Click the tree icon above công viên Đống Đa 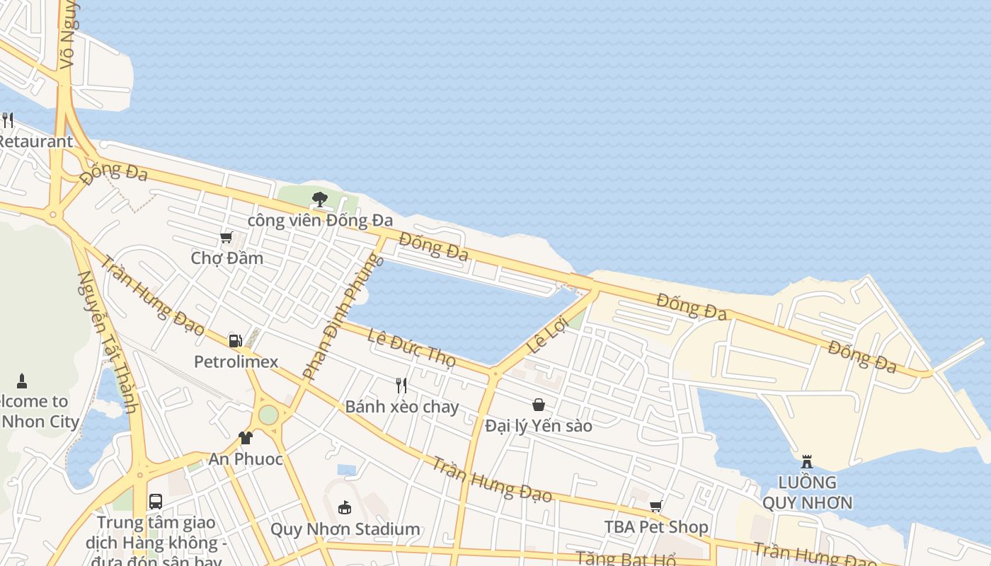[320, 199]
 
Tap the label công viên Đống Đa [320, 221]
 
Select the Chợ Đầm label [227, 258]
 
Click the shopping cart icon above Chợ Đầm [227, 237]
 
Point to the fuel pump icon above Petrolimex [236, 341]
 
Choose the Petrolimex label [236, 362]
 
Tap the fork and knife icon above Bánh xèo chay [401, 386]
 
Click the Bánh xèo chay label [401, 407]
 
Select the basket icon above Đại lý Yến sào [539, 405]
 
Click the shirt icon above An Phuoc [246, 438]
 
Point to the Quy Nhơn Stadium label [345, 529]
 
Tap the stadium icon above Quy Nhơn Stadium [345, 507]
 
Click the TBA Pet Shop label [655, 527]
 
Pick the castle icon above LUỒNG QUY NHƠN [807, 462]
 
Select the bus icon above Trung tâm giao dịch [156, 502]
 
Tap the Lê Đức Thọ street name [411, 347]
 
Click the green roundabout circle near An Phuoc [268, 415]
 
